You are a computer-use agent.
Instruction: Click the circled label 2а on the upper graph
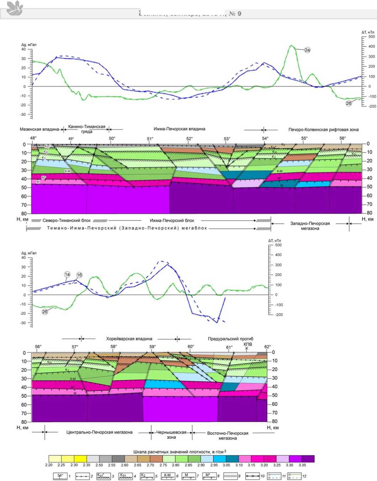coord(307,50)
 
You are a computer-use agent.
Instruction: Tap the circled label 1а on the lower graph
coord(67,274)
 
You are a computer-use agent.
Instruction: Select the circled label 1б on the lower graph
coord(79,275)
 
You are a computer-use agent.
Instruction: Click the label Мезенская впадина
coord(39,129)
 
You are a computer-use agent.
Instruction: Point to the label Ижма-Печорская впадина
coord(179,129)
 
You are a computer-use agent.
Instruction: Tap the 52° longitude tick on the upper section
coord(189,139)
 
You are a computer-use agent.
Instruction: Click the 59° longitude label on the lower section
coord(152,347)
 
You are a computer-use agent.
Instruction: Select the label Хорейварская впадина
coord(129,339)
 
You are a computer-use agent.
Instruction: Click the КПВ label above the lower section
coord(248,344)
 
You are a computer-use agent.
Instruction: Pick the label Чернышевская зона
coord(171,434)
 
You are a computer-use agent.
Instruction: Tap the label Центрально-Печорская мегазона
coord(99,432)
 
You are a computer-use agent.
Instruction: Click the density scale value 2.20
coord(49,465)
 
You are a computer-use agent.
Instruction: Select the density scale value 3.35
coord(302,465)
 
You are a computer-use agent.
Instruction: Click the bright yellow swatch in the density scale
coord(80,459)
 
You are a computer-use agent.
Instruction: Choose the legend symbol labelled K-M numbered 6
coord(167,476)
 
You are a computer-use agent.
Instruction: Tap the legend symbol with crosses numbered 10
coord(252,476)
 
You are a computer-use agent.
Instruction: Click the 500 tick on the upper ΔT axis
coord(371,37)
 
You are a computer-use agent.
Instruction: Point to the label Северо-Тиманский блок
coord(67,220)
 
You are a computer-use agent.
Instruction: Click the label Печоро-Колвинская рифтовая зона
coord(323,129)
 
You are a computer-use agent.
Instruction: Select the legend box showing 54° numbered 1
coord(60,476)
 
